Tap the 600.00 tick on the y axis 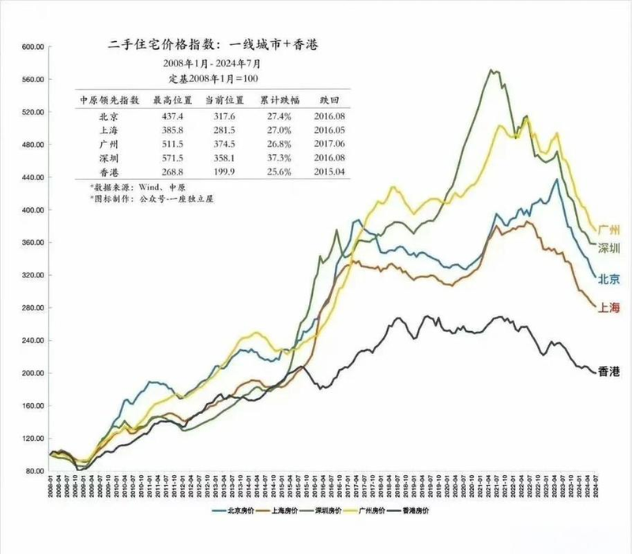click(x=30, y=47)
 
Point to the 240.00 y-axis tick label click(x=30, y=341)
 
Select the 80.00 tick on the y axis click(x=32, y=471)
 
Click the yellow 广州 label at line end click(x=609, y=229)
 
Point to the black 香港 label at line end click(x=609, y=371)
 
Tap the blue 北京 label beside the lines click(x=609, y=277)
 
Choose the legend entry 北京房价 click(x=236, y=511)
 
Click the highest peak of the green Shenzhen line click(x=492, y=70)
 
